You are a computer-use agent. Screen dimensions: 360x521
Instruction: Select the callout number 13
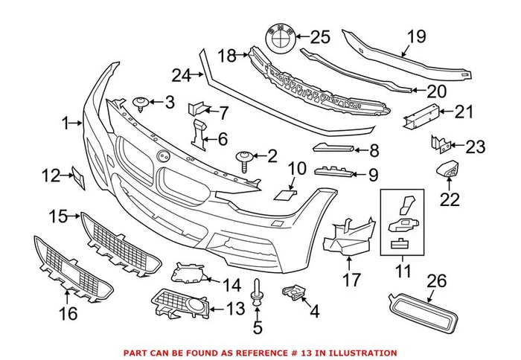(236, 308)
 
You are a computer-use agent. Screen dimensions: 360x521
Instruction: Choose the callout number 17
(351, 280)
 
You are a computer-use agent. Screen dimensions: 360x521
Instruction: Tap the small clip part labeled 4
(293, 293)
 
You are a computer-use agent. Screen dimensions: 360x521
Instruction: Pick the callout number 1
(68, 122)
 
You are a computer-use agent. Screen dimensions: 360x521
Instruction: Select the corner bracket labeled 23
(437, 141)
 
